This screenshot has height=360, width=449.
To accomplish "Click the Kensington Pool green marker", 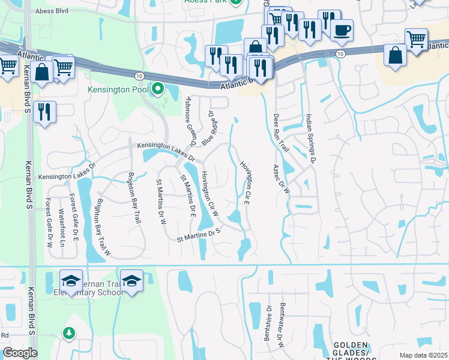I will pos(158,89).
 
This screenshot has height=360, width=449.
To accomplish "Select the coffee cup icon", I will pos(342,31).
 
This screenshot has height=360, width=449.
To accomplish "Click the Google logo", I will pos(20,353).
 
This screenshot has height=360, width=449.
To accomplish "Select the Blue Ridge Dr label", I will pos(208,128).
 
